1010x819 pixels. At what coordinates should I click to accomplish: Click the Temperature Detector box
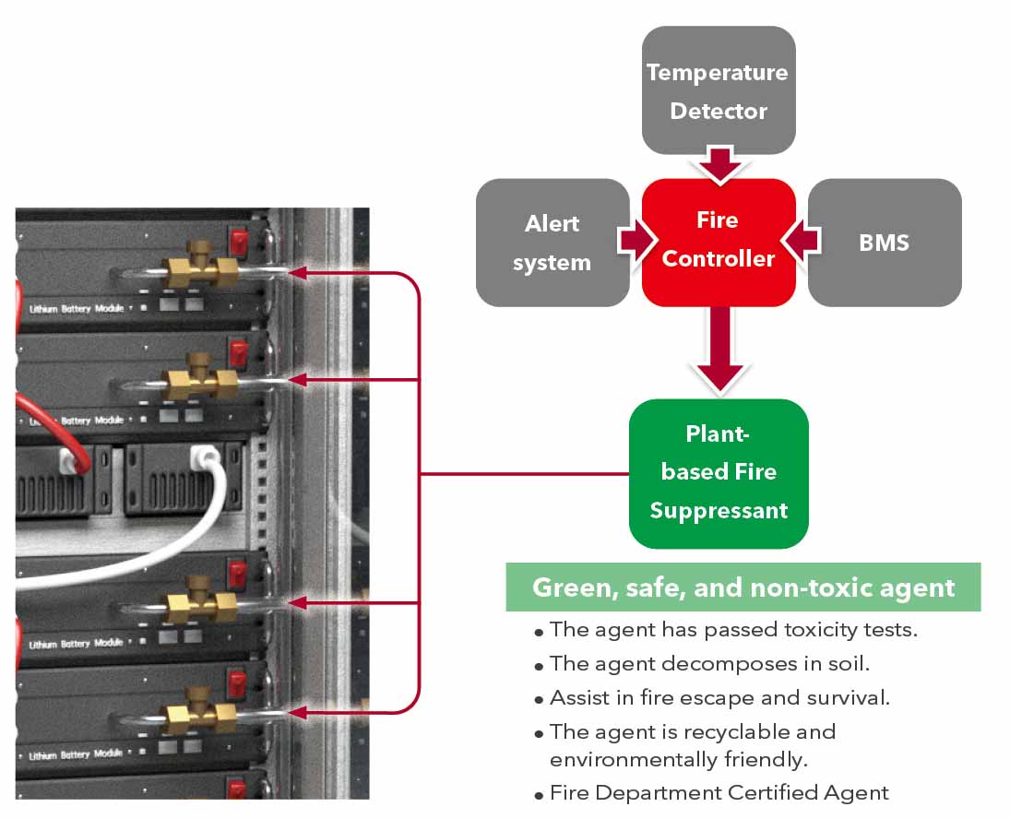coord(718,90)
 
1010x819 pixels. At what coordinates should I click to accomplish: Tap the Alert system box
coord(553,243)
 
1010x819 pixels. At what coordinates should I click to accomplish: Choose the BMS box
coord(884,243)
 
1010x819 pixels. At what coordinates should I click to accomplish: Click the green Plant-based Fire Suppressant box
coord(719,473)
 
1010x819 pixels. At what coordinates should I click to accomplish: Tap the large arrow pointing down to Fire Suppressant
coord(719,352)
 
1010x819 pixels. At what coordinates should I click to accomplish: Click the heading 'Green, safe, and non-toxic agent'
coord(743,588)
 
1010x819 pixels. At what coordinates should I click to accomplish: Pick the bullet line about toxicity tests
coord(733,630)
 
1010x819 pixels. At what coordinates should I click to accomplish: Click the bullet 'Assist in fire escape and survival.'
coord(719,697)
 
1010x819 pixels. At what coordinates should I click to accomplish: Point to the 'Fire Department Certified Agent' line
coord(719,792)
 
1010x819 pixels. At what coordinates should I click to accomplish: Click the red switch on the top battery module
coord(240,243)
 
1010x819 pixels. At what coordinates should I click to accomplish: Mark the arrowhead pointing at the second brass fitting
coord(298,379)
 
